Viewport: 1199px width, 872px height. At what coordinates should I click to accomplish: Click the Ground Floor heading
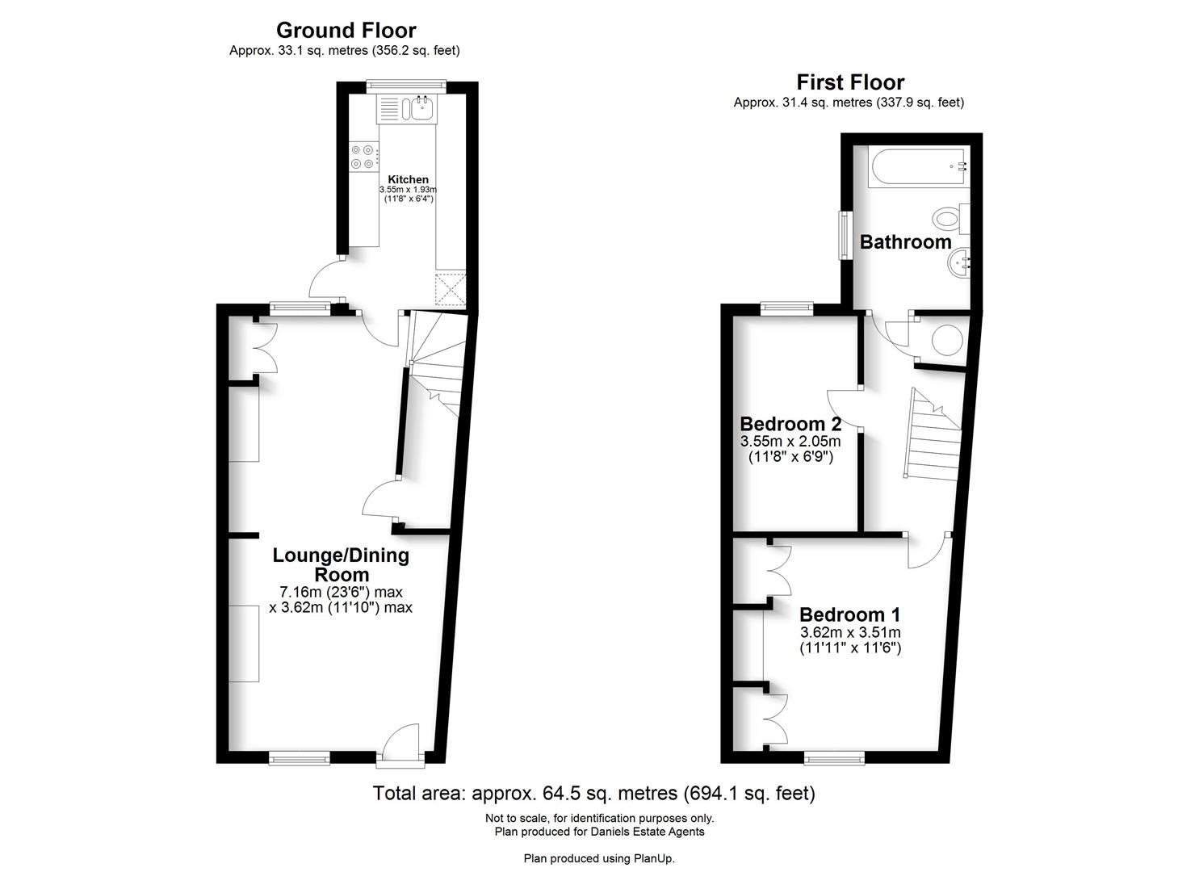tap(346, 31)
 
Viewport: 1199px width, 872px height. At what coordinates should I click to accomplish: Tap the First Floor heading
tap(850, 82)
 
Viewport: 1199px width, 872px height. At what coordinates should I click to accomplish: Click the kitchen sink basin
tap(423, 109)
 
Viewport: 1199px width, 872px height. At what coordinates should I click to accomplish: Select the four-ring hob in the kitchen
tap(363, 157)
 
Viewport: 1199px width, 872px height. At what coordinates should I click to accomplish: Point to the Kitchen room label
tap(408, 179)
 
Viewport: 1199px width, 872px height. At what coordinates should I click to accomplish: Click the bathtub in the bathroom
tap(919, 166)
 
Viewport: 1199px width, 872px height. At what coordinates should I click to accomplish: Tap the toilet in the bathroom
tap(951, 219)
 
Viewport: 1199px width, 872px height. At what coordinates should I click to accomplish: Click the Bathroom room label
tap(906, 242)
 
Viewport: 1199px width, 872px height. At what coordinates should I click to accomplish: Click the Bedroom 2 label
tap(790, 424)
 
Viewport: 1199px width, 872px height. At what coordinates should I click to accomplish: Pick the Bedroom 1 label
tap(850, 614)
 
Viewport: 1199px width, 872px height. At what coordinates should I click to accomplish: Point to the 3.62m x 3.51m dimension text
tap(850, 631)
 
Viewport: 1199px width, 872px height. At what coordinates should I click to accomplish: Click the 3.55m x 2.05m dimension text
tap(790, 442)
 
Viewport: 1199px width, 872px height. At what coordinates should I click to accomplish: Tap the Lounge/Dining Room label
tap(341, 564)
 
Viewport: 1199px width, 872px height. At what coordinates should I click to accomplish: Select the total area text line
tap(593, 793)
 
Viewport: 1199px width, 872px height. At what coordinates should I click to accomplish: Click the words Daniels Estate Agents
tap(648, 832)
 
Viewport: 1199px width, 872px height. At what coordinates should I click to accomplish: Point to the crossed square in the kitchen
tap(451, 289)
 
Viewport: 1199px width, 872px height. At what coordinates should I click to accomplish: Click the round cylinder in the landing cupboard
tap(947, 339)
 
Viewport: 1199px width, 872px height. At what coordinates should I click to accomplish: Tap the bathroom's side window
tap(845, 236)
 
